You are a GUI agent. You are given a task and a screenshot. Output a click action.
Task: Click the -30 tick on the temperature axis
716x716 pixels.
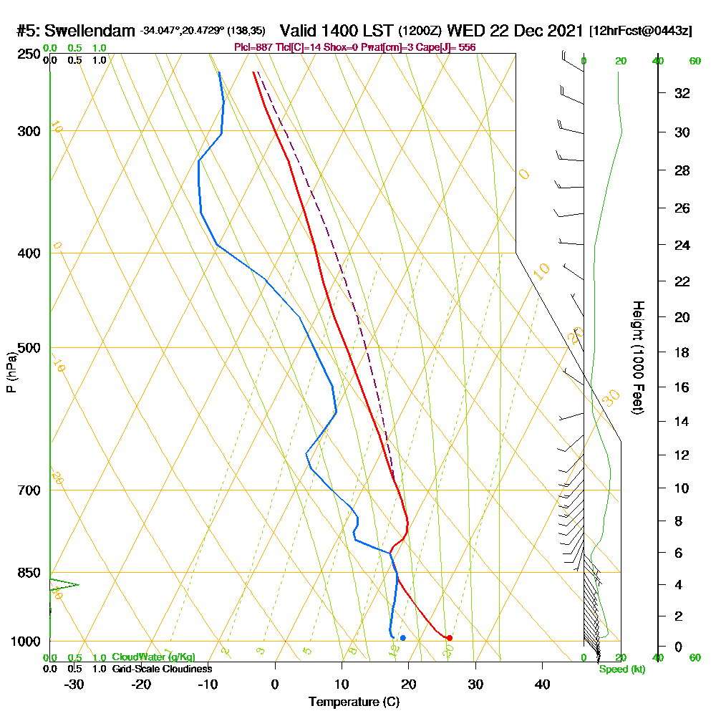74,684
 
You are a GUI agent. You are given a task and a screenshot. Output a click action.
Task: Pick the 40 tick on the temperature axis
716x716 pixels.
542,684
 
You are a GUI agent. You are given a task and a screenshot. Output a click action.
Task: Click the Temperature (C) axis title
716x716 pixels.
354,702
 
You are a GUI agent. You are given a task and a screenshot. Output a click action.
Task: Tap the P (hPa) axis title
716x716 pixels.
11,372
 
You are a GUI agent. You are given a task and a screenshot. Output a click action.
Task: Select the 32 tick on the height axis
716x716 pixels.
682,93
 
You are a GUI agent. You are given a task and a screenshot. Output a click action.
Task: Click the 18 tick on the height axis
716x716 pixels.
682,352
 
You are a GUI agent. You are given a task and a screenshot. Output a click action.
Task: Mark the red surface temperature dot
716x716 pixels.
449,637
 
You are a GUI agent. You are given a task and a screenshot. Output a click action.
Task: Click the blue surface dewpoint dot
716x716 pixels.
403,637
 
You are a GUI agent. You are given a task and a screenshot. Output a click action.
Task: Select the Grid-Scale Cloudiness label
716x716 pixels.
162,669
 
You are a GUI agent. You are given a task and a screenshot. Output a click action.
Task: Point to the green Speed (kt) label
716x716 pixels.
622,669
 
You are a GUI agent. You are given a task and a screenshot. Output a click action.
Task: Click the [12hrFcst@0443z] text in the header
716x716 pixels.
641,32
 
